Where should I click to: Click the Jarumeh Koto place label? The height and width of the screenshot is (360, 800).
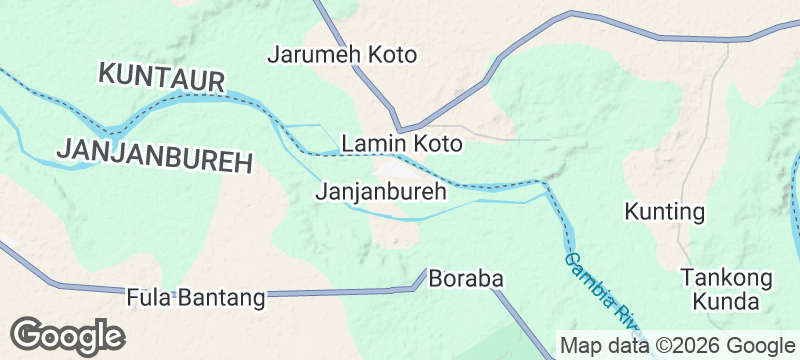pos(341,54)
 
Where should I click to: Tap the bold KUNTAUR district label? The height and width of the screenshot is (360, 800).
pos(161,74)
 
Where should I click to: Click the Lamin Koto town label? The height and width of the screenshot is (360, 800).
pos(402,144)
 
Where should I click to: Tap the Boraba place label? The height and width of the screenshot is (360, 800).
pos(464,280)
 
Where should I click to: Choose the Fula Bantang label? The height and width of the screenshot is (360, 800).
pos(196,297)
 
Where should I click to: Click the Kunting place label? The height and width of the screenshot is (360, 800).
pos(665,212)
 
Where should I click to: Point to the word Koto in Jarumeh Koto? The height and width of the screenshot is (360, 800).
pos(391,54)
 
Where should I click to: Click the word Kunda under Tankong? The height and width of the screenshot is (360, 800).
pos(726,300)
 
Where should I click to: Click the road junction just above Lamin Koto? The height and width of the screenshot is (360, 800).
pos(400,129)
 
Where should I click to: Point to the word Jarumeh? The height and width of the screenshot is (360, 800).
pos(314,54)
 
